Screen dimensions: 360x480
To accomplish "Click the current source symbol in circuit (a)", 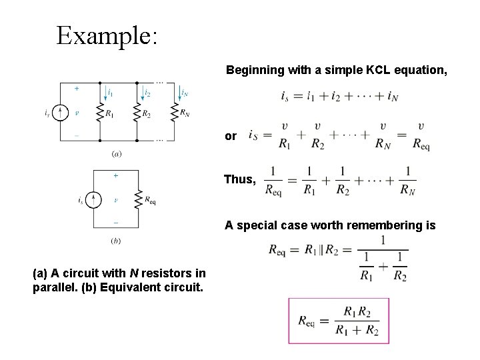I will coord(61,113).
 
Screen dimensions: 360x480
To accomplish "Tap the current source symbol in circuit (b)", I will coord(95,199).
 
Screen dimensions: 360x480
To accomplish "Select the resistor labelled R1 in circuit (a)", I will coord(99,111).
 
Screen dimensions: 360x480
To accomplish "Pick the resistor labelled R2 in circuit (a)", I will coord(136,111).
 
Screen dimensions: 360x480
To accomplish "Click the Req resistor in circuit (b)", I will coord(137,199).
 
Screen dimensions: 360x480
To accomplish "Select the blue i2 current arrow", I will coord(143,92).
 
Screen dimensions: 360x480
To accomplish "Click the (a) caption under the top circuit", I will coord(117,154).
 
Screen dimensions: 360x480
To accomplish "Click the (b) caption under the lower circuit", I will coord(117,241).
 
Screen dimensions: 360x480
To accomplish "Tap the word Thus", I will coord(238,180).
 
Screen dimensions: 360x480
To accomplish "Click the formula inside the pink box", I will coord(338,321).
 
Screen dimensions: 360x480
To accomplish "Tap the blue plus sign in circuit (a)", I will coord(75,88).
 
